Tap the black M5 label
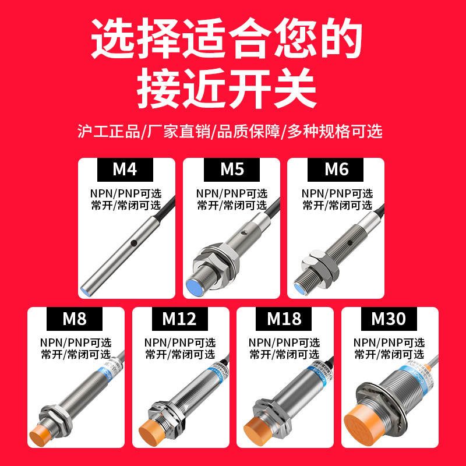tap(232, 170)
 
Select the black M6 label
tap(337, 170)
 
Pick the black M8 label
tap(74, 319)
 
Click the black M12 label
tap(179, 319)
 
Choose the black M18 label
tap(284, 319)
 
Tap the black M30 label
tap(389, 319)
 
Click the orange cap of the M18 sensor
tap(257, 430)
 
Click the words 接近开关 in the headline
tap(227, 89)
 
